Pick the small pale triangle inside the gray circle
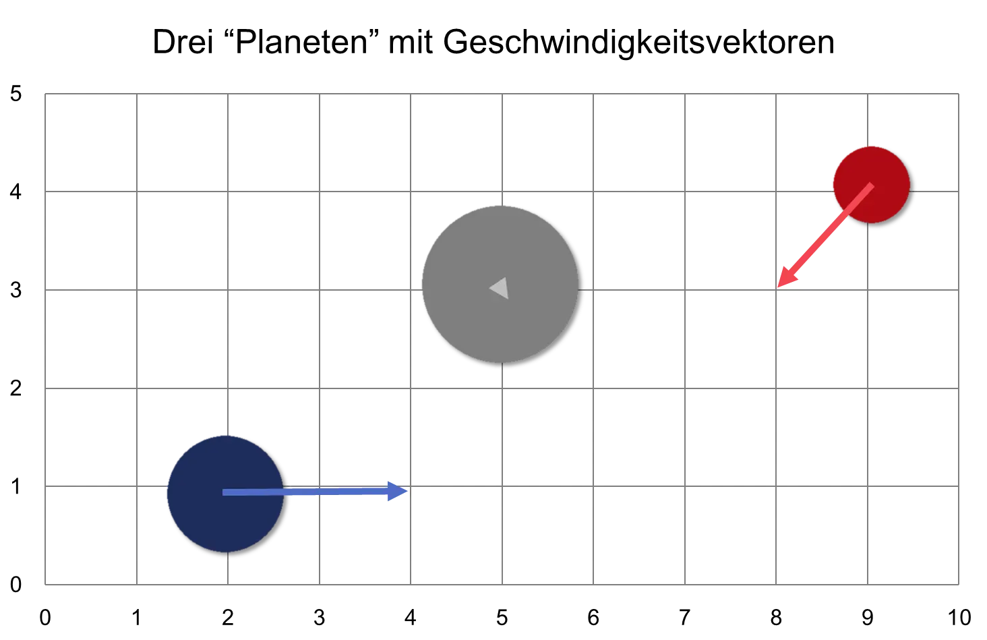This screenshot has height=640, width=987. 500,288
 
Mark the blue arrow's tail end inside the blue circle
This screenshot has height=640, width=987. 225,492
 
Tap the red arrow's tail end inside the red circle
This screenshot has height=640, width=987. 871,185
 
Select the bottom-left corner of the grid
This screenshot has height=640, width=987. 46,584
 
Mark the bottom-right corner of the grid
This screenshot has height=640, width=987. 957,584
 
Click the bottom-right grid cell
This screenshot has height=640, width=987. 911,535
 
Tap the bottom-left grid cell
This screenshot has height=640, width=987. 92,535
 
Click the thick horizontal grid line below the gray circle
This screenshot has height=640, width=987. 502,388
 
